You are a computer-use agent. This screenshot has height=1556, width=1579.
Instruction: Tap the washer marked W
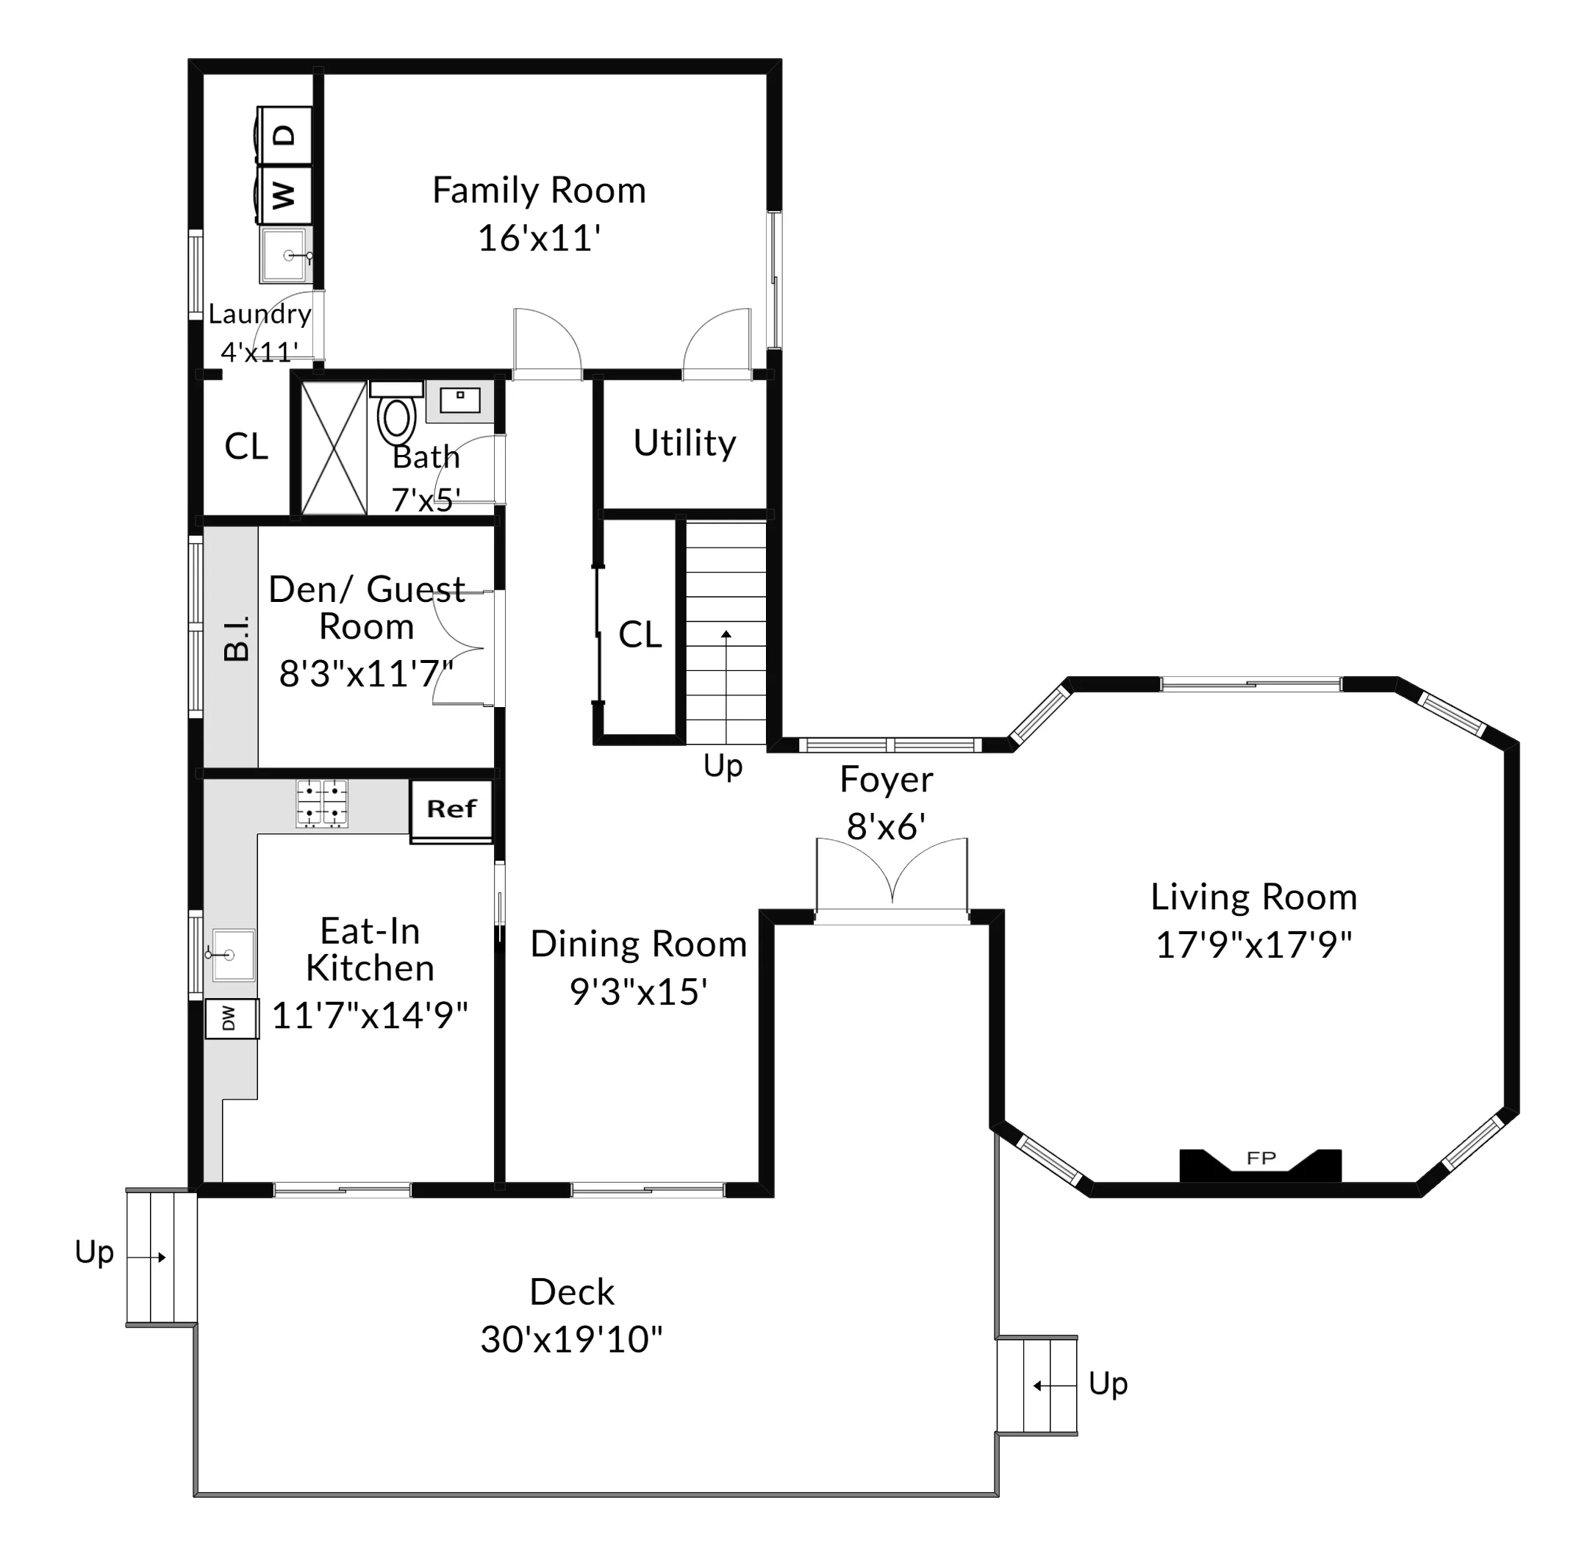click(x=284, y=196)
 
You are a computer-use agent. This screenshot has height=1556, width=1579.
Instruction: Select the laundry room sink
click(x=285, y=255)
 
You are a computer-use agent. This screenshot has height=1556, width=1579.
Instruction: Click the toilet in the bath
click(x=396, y=417)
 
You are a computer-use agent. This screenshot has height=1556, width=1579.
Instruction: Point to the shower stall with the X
click(x=334, y=448)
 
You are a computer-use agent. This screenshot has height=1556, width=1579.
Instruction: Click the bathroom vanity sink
click(x=459, y=401)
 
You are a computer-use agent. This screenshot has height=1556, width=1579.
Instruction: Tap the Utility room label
click(x=685, y=443)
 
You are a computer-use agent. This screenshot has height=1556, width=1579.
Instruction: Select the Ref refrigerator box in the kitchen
click(x=451, y=810)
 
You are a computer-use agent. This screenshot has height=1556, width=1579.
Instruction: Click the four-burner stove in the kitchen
click(x=322, y=803)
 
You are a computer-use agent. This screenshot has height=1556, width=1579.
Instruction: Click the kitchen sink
click(x=233, y=955)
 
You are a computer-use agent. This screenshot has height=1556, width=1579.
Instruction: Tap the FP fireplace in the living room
click(x=1260, y=1164)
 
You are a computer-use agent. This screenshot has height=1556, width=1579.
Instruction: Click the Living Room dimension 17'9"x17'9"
click(x=1254, y=945)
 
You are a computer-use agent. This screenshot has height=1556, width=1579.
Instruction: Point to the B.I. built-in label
click(x=236, y=638)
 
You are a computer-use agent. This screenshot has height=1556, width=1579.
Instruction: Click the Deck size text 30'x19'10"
click(x=571, y=1339)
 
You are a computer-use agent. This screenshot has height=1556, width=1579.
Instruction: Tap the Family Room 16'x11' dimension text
click(x=540, y=239)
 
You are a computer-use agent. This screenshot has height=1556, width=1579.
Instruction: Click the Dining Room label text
click(x=638, y=944)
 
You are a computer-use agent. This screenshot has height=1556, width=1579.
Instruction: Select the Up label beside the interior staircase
click(x=723, y=766)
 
